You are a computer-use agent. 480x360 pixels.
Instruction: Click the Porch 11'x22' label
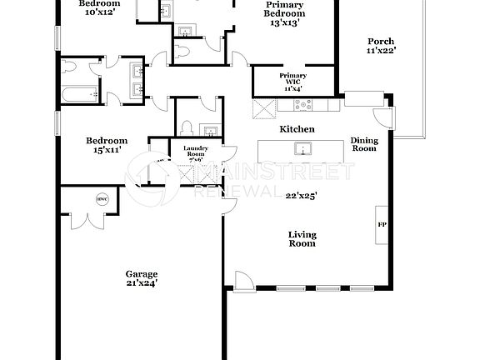[381, 45]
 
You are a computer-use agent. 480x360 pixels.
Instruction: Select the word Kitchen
[297, 129]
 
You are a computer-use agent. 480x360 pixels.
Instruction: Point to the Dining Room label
[363, 144]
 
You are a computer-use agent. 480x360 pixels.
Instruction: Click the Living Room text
[302, 239]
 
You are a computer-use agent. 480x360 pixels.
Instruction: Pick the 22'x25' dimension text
[301, 196]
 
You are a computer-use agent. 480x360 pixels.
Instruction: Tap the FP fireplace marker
[382, 225]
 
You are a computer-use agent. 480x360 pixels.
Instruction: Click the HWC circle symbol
[102, 198]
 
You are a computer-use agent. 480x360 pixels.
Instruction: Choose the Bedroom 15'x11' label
[107, 146]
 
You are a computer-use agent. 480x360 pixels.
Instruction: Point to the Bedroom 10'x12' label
[99, 8]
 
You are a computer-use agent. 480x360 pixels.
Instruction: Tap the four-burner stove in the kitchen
[302, 106]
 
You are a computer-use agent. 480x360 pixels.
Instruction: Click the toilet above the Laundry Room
[187, 129]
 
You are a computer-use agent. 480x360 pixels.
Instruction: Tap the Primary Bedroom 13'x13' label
[285, 13]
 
